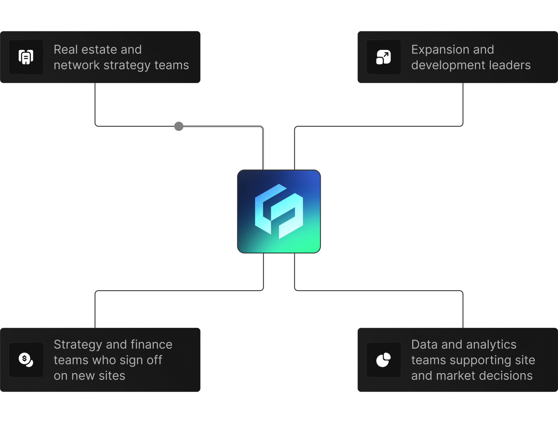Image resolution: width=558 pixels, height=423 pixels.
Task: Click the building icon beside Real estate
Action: pos(26,57)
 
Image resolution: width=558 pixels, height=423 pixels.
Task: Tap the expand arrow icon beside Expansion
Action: pos(383,57)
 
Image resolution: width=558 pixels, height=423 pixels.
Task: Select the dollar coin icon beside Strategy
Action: pos(26,360)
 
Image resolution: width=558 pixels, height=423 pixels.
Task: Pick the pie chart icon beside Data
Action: pos(383,360)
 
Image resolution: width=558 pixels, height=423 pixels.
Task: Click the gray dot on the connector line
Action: pos(179,126)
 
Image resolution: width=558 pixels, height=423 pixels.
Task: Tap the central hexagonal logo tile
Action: pos(279,211)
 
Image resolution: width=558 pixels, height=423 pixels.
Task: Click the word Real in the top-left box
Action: pos(65,50)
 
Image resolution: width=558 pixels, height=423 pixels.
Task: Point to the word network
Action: pos(77,65)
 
